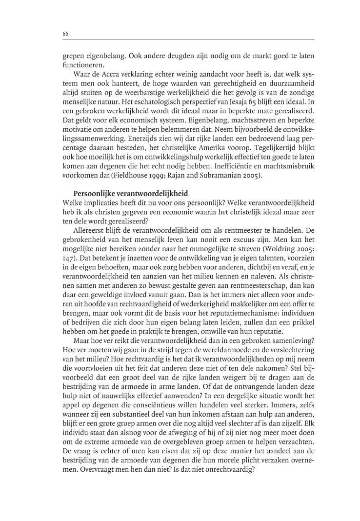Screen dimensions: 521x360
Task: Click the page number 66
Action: [x=65, y=34]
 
